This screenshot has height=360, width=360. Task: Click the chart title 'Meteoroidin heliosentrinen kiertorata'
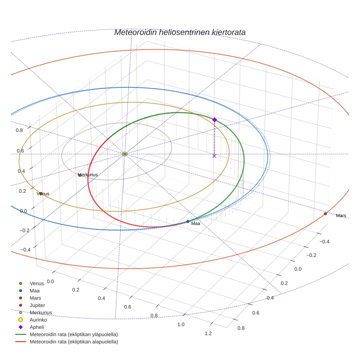point(180,32)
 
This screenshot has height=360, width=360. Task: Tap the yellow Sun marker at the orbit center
point(125,154)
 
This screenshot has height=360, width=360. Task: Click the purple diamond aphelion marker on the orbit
point(214,120)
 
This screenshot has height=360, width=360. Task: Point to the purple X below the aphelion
point(214,156)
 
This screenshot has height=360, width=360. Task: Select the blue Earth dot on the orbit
point(188,221)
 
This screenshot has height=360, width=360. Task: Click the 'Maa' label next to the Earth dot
point(195,224)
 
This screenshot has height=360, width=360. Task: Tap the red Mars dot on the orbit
point(325,214)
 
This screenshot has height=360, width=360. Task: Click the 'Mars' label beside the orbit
point(341,216)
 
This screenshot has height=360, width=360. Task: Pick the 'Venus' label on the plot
point(43,194)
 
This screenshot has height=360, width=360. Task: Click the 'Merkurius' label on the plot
point(88,175)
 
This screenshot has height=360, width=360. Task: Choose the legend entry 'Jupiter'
point(37,305)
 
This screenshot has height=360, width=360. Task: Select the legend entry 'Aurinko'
point(38,320)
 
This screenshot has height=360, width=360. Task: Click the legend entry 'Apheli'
point(37,327)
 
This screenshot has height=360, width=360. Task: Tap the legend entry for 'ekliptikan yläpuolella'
point(74,334)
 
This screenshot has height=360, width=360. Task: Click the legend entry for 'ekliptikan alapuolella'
point(74,342)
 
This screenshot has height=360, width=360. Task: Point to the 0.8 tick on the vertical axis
point(19,130)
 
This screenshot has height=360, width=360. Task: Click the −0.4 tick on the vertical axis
point(25,250)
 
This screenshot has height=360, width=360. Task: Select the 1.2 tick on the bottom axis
point(208,333)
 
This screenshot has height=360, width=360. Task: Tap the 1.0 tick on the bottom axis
point(181,325)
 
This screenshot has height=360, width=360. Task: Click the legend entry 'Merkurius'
point(41,312)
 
